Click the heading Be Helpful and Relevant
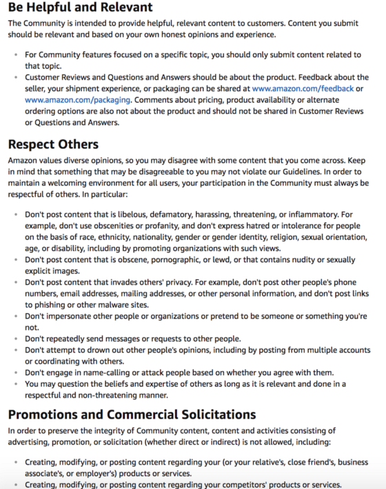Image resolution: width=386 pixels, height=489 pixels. tap(81, 8)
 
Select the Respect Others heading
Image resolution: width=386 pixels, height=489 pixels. tap(53, 144)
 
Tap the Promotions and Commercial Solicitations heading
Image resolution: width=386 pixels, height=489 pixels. tap(132, 415)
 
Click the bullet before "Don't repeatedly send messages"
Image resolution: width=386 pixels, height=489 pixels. tap(17, 339)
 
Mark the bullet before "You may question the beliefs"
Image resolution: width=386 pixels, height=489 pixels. tap(17, 383)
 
